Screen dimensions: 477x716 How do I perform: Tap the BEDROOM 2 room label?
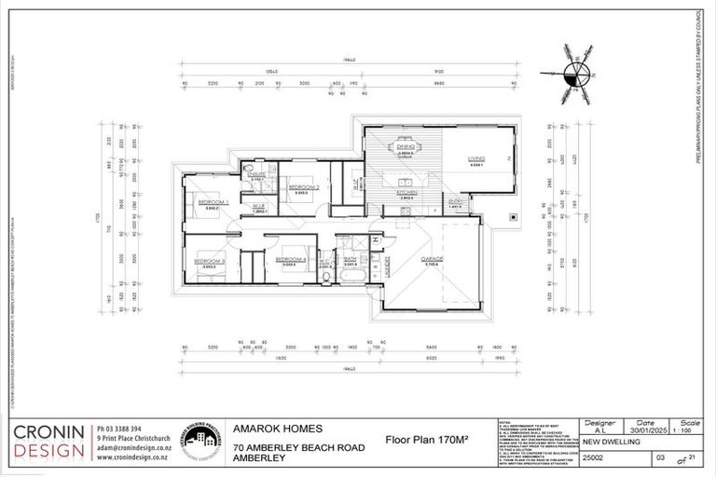click(304, 187)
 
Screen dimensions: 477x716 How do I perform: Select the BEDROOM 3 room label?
click(210, 262)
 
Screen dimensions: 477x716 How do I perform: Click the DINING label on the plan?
click(406, 146)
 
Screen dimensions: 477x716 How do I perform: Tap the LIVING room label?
click(476, 159)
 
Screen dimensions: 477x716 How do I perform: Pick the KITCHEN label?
click(406, 193)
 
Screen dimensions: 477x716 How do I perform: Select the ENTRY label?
click(456, 201)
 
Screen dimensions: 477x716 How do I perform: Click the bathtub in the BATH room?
click(352, 276)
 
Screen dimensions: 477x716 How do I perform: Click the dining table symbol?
click(406, 156)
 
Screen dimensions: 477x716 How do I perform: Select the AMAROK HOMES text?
click(278, 429)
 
